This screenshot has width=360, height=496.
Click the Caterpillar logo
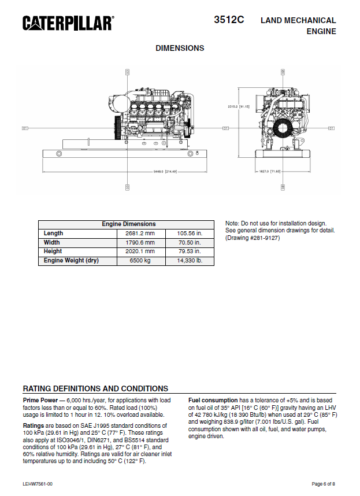pyautogui.click(x=68, y=23)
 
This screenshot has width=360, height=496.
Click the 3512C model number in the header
pyautogui.click(x=229, y=19)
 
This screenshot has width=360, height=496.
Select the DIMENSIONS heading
pyautogui.click(x=180, y=48)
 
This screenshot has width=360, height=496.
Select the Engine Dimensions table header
pyautogui.click(x=128, y=224)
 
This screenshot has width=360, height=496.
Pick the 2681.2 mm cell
pyautogui.click(x=140, y=233)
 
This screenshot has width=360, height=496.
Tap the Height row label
pyautogui.click(x=53, y=251)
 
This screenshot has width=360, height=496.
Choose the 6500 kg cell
pyautogui.click(x=140, y=261)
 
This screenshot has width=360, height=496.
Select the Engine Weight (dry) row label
pyautogui.click(x=71, y=261)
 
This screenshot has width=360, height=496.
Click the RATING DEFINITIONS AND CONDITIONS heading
pyautogui.click(x=95, y=388)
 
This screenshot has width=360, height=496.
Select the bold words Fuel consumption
pyautogui.click(x=213, y=400)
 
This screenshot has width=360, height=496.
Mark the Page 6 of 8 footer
pyautogui.click(x=323, y=483)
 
